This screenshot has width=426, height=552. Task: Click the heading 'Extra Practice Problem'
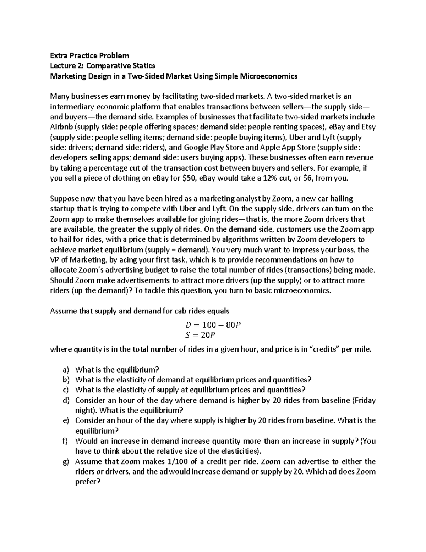[89, 55]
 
